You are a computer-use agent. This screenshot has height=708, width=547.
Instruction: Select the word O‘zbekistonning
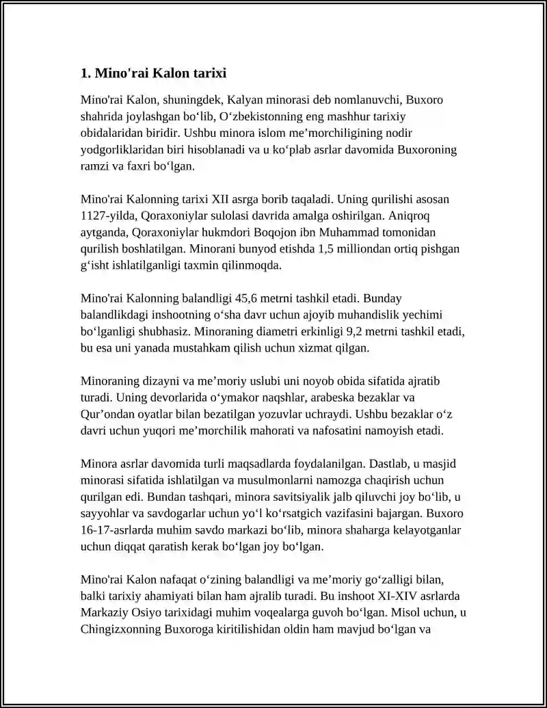pyautogui.click(x=278, y=116)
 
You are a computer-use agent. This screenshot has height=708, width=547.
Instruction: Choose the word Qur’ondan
pyautogui.click(x=108, y=414)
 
